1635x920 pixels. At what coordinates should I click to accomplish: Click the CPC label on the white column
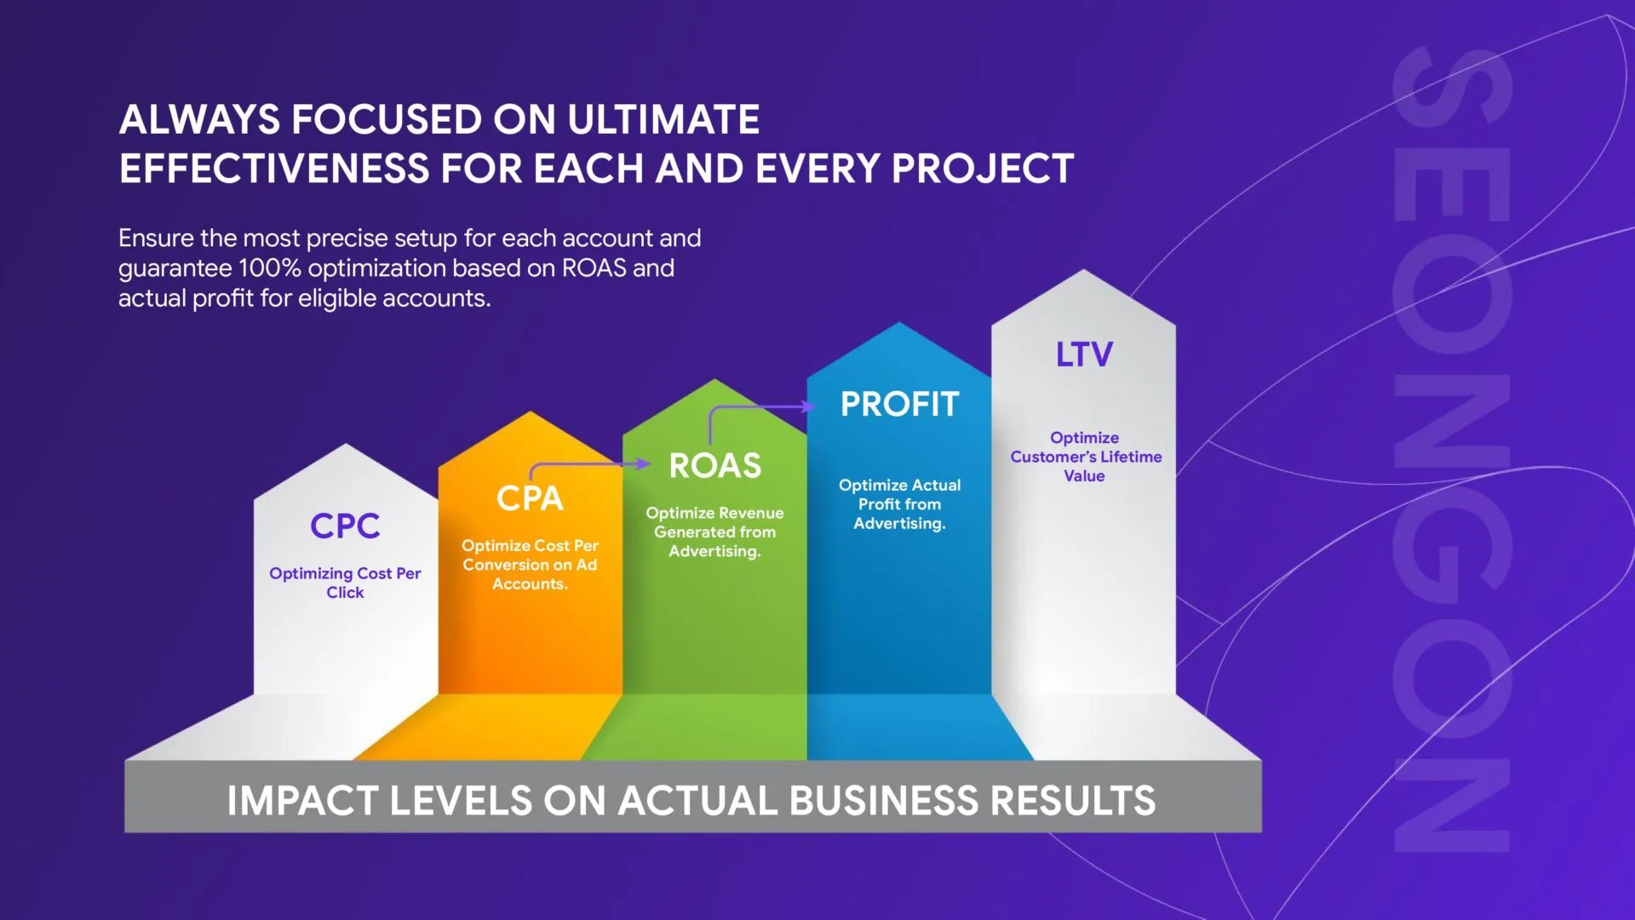345,526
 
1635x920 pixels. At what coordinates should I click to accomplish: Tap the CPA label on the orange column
530,498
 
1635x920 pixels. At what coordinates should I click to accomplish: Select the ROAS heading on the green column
715,466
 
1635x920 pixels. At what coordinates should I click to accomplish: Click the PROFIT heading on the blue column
899,405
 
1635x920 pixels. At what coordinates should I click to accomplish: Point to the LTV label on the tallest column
1084,354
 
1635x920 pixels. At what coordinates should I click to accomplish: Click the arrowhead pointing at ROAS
645,463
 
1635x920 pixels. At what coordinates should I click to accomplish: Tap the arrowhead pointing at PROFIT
810,406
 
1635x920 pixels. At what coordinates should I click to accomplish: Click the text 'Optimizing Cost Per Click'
345,583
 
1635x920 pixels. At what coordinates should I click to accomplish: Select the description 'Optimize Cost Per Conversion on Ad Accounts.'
530,565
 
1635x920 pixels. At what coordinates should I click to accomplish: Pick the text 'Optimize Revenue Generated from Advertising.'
715,532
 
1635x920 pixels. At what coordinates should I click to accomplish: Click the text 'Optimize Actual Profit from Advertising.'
899,503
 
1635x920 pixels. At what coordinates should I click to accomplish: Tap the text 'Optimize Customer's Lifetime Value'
1085,457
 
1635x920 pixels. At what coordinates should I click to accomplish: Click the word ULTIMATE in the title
663,119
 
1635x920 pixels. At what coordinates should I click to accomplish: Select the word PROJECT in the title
983,169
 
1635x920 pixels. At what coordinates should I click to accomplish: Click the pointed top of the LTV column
1083,270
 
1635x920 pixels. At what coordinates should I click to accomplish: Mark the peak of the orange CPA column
530,412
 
